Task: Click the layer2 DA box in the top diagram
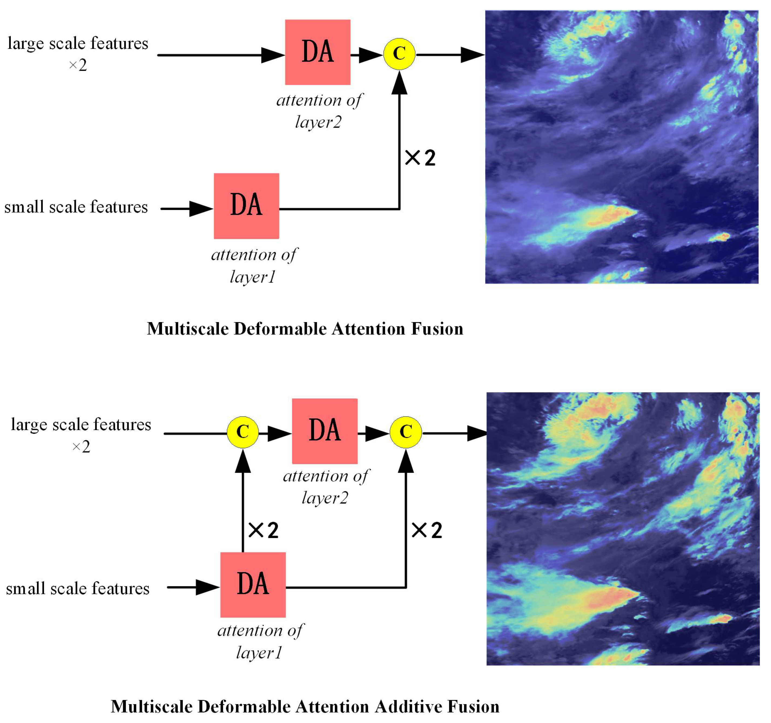pos(317,52)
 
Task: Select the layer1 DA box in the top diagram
pos(246,206)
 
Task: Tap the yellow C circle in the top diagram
pos(399,54)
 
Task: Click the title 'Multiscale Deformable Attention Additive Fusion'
pos(305,706)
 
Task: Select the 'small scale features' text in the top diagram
pos(76,207)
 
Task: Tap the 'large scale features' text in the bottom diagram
pos(81,424)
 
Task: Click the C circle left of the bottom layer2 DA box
pos(243,432)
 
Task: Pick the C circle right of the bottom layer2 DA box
pos(405,432)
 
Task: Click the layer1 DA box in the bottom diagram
pos(253,585)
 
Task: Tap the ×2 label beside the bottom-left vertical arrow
pos(263,530)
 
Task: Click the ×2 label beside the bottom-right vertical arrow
pos(427,530)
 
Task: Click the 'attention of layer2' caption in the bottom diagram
pos(326,486)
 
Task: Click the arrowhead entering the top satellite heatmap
pos(472,55)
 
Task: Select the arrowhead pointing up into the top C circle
pos(399,83)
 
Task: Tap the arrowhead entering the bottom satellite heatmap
pos(477,433)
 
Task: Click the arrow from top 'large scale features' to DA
pos(217,55)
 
